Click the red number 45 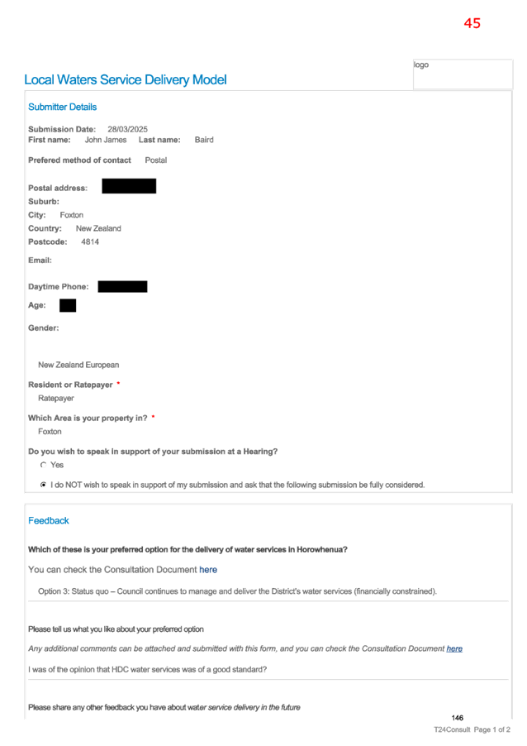pyautogui.click(x=472, y=23)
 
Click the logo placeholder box pyautogui.click(x=463, y=74)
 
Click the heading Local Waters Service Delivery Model pyautogui.click(x=126, y=79)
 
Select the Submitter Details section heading pyautogui.click(x=62, y=107)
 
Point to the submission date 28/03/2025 pyautogui.click(x=127, y=129)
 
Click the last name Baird pyautogui.click(x=204, y=140)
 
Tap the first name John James pyautogui.click(x=106, y=140)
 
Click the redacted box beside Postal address pyautogui.click(x=129, y=186)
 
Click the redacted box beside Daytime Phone pyautogui.click(x=122, y=286)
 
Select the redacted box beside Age pyautogui.click(x=68, y=305)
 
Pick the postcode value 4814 pyautogui.click(x=90, y=242)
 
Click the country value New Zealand pyautogui.click(x=98, y=228)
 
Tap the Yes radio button pyautogui.click(x=43, y=465)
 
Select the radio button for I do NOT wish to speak pyautogui.click(x=43, y=485)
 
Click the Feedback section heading pyautogui.click(x=49, y=520)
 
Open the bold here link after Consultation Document pyautogui.click(x=208, y=570)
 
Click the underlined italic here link pyautogui.click(x=454, y=648)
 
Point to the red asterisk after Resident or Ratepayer pyautogui.click(x=118, y=383)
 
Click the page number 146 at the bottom pyautogui.click(x=457, y=718)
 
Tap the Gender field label pyautogui.click(x=43, y=328)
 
